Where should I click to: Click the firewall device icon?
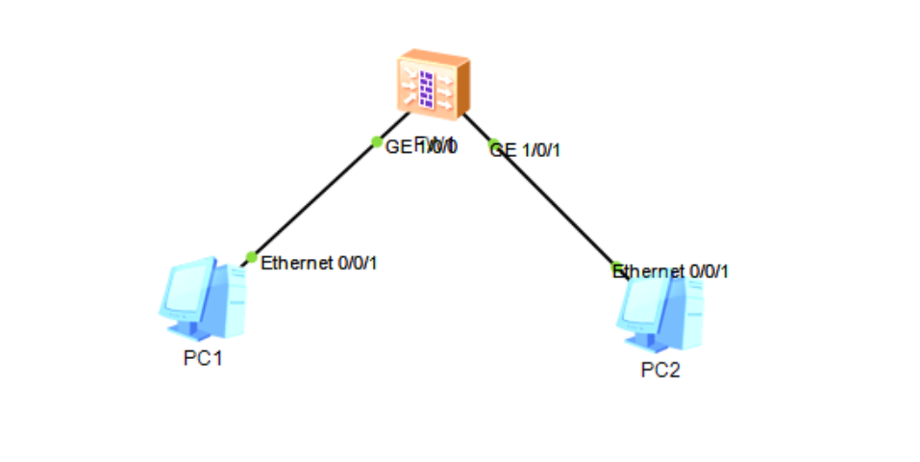pyautogui.click(x=434, y=86)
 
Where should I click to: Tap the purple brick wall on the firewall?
pyautogui.click(x=427, y=88)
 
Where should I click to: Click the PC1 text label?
pyautogui.click(x=203, y=359)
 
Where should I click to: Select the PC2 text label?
pyautogui.click(x=660, y=371)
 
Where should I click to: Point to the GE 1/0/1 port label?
pyautogui.click(x=528, y=150)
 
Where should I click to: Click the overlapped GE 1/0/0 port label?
pyautogui.click(x=421, y=146)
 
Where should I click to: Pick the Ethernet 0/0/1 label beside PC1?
pyautogui.click(x=319, y=263)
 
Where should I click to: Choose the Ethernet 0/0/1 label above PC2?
pyautogui.click(x=672, y=271)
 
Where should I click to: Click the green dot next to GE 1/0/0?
pyautogui.click(x=377, y=141)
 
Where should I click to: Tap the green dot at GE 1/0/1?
pyautogui.click(x=493, y=145)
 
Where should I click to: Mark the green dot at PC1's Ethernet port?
pyautogui.click(x=251, y=257)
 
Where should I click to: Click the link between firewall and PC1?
pyautogui.click(x=312, y=200)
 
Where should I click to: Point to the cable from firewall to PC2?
pyautogui.click(x=553, y=205)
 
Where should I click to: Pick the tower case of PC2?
pyautogui.click(x=688, y=314)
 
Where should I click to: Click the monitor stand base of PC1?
pyautogui.click(x=192, y=331)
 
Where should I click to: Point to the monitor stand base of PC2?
pyautogui.click(x=650, y=343)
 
